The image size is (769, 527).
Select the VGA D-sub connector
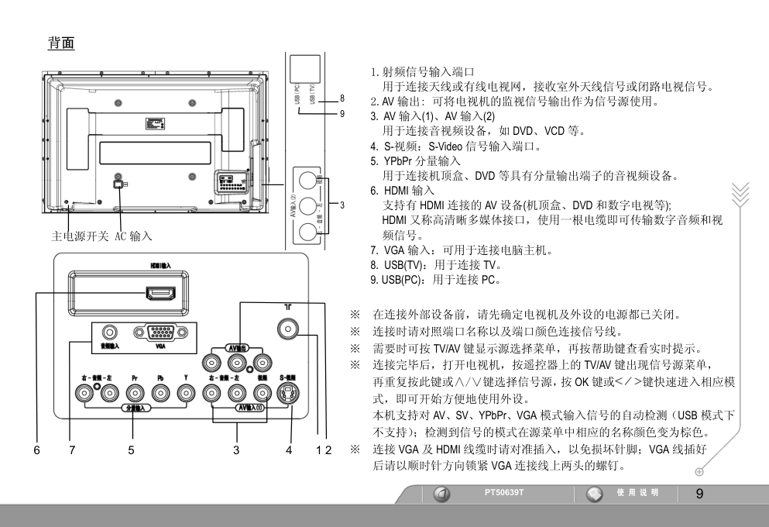pyautogui.click(x=160, y=335)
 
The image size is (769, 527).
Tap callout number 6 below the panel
pyautogui.click(x=39, y=449)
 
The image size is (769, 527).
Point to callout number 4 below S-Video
pyautogui.click(x=290, y=449)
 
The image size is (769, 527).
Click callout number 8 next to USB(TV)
pyautogui.click(x=342, y=98)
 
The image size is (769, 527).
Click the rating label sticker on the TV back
pyautogui.click(x=153, y=124)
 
